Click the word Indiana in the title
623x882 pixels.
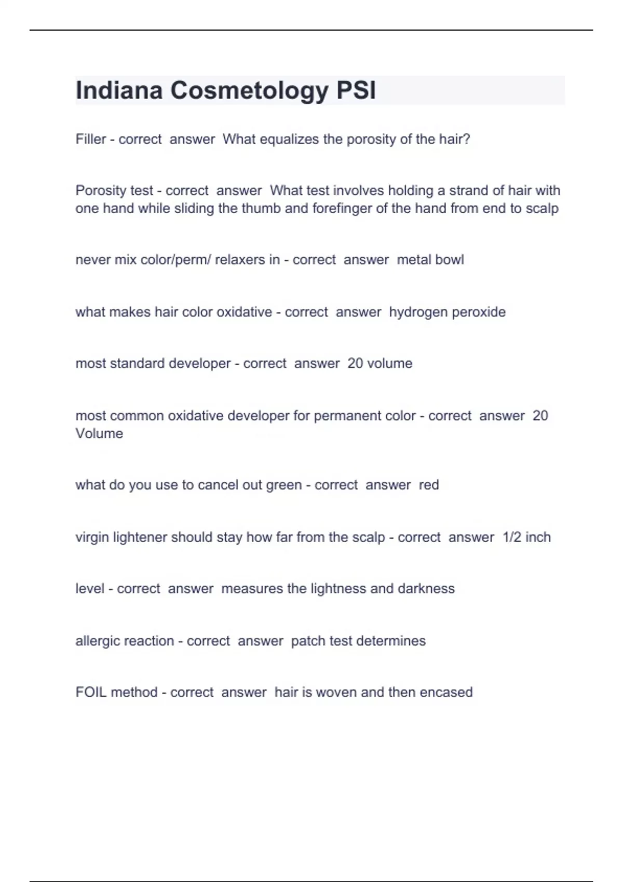[x=119, y=90]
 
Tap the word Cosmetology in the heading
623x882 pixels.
[x=249, y=90]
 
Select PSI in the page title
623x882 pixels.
[x=356, y=90]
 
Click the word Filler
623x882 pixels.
[x=91, y=139]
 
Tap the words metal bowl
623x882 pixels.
[x=430, y=259]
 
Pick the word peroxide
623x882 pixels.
[x=479, y=312]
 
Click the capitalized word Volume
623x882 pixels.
[x=99, y=433]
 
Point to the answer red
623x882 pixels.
[x=429, y=485]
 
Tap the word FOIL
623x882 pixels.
[x=91, y=692]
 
